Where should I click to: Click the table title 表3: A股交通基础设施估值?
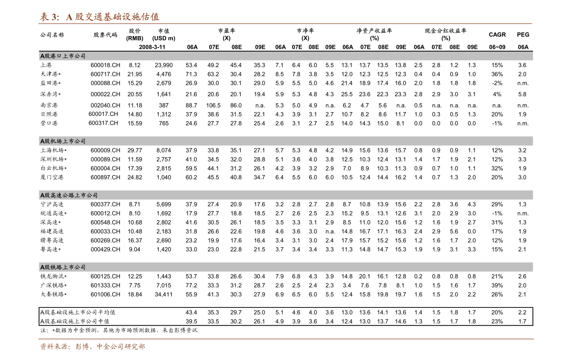(x=99, y=17)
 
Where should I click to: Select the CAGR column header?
(x=497, y=35)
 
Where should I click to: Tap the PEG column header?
(x=523, y=35)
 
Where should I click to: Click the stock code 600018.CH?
(x=105, y=65)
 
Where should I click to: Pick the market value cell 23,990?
(x=164, y=65)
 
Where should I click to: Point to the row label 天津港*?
(x=51, y=74)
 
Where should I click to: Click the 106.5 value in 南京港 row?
(x=213, y=106)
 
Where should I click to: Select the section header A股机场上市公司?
(x=63, y=141)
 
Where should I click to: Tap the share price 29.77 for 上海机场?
(x=135, y=150)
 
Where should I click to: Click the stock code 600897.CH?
(x=105, y=177)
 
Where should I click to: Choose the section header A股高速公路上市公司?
(x=68, y=195)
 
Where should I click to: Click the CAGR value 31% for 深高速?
(x=497, y=222)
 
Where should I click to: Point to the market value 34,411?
(x=164, y=294)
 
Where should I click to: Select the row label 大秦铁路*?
(x=53, y=294)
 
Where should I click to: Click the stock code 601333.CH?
(x=105, y=285)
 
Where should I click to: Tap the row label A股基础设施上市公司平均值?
(x=78, y=312)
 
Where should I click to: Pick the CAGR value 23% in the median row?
(x=497, y=322)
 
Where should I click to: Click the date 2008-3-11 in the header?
(x=152, y=47)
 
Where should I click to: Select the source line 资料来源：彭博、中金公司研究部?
(x=92, y=347)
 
